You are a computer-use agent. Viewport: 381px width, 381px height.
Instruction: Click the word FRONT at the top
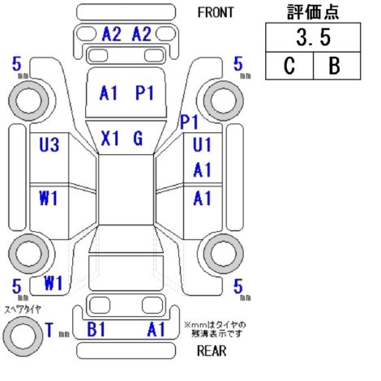(x=216, y=12)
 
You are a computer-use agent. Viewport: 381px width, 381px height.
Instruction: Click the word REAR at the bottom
(x=212, y=351)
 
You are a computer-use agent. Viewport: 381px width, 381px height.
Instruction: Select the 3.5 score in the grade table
(x=313, y=37)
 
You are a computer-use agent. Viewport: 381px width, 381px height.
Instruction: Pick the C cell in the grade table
(x=289, y=66)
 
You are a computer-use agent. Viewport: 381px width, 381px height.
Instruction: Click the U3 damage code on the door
(x=49, y=144)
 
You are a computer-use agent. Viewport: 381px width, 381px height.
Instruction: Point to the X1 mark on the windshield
(x=110, y=139)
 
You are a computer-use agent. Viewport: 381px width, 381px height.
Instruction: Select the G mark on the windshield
(x=138, y=139)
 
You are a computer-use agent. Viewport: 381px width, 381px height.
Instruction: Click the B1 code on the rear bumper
(x=96, y=329)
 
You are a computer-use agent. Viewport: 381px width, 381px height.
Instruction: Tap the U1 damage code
(x=202, y=145)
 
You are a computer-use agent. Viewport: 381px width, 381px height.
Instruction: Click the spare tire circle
(x=23, y=336)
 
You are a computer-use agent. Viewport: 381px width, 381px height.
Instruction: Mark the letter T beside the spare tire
(x=49, y=330)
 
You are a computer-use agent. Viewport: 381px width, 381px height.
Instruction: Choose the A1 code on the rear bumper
(x=156, y=329)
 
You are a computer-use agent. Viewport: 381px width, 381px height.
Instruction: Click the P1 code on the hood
(x=144, y=92)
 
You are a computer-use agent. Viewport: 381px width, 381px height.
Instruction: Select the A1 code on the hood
(x=109, y=92)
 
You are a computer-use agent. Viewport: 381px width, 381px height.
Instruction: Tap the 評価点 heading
(x=313, y=12)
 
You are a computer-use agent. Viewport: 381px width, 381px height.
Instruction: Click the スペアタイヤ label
(x=23, y=310)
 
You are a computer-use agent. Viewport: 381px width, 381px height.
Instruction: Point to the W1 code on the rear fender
(x=54, y=283)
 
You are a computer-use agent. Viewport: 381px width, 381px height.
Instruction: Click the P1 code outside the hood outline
(x=189, y=122)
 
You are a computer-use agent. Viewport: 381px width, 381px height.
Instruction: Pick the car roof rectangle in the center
(x=126, y=190)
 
